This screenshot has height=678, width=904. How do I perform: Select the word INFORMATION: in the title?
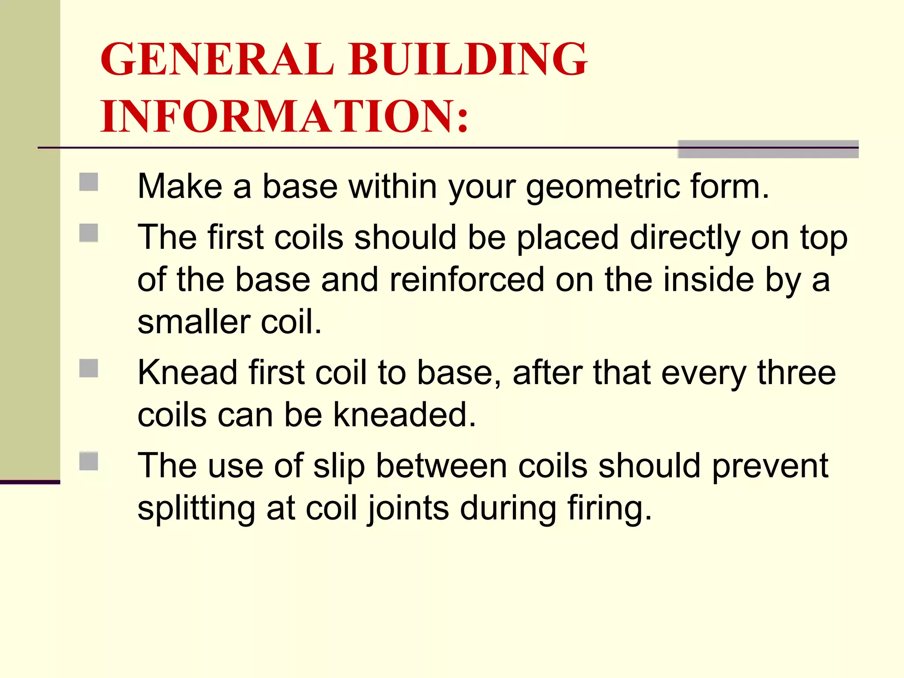(284, 117)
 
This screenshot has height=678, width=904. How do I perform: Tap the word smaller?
(194, 322)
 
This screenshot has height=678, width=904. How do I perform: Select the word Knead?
(187, 373)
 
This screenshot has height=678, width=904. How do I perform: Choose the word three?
(796, 373)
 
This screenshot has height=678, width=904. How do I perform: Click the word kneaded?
(404, 415)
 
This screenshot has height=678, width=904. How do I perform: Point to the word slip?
(339, 466)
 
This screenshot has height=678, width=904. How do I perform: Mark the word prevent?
(770, 466)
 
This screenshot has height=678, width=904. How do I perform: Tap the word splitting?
(196, 508)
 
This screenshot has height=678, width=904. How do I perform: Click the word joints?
(408, 508)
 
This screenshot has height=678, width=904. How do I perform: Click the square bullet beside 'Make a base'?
(89, 182)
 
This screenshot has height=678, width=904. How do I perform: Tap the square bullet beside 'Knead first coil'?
(89, 368)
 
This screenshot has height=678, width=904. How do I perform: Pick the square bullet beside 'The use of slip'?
(89, 461)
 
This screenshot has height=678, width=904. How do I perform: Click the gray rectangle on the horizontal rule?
(768, 149)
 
